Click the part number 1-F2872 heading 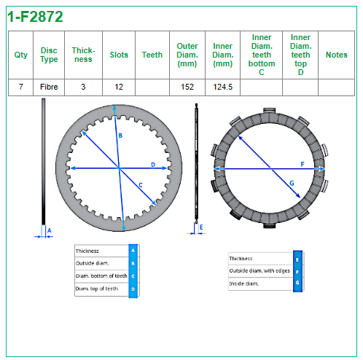pyautogui.click(x=35, y=17)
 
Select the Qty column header pyautogui.click(x=21, y=55)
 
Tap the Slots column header pyautogui.click(x=119, y=55)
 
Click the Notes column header pyautogui.click(x=337, y=55)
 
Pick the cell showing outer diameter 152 pyautogui.click(x=187, y=87)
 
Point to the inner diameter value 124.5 pyautogui.click(x=223, y=87)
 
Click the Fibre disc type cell pyautogui.click(x=49, y=87)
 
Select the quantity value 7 pyautogui.click(x=21, y=87)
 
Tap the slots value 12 pyautogui.click(x=119, y=87)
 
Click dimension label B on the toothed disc pyautogui.click(x=120, y=136)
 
